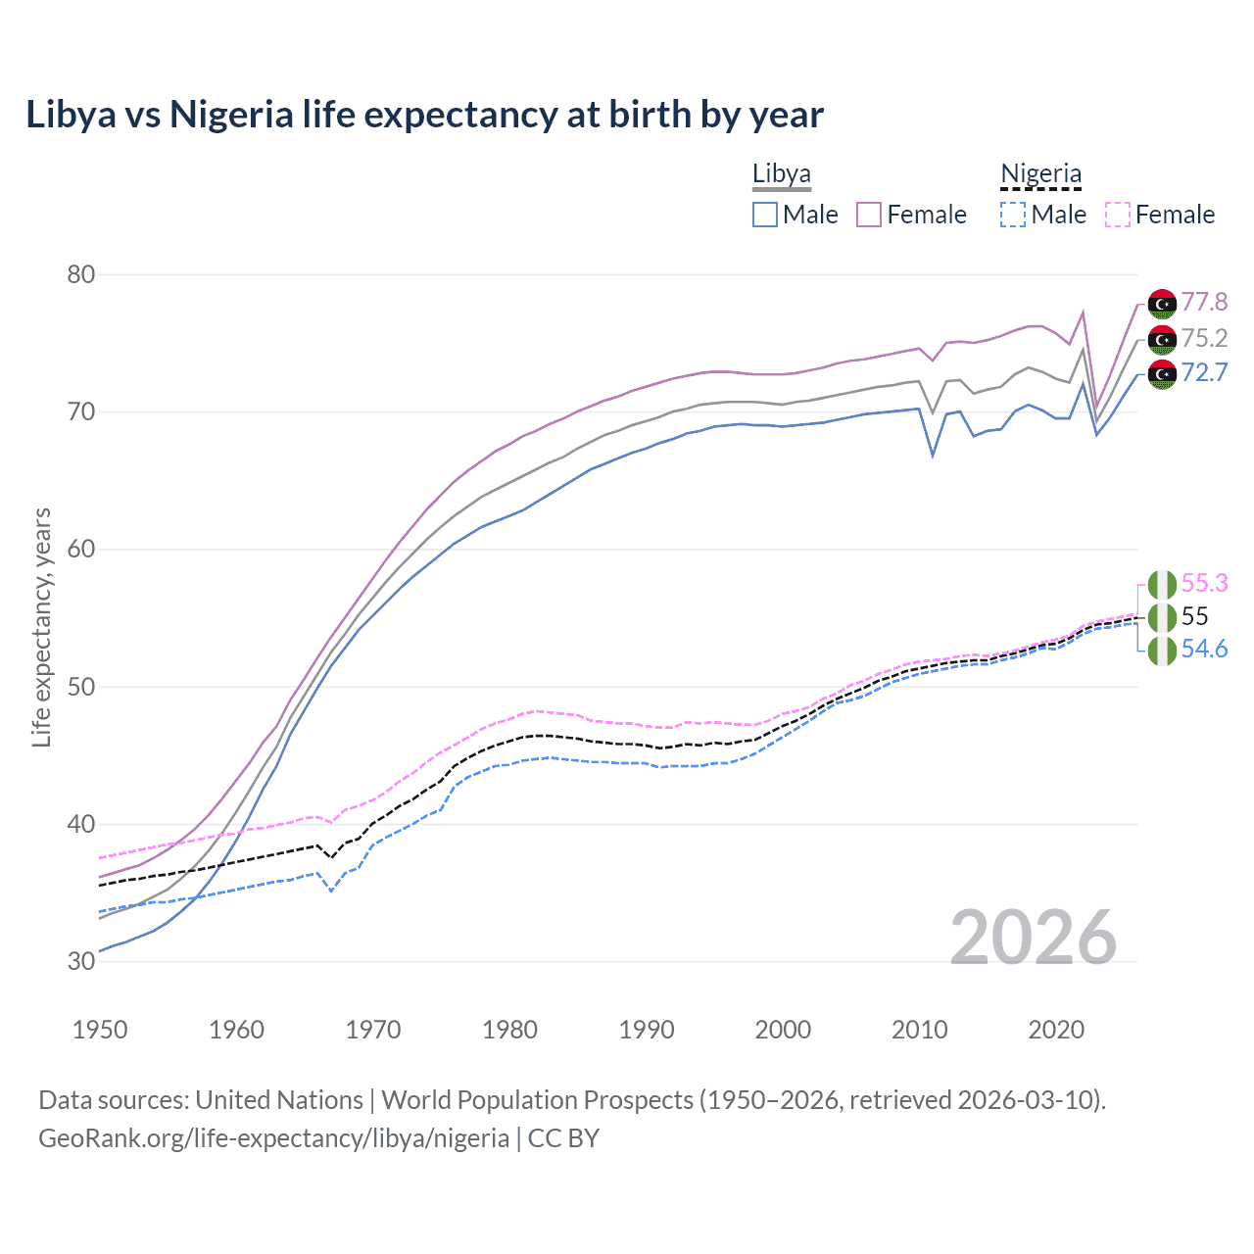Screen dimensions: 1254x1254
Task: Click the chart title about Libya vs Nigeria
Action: coord(424,115)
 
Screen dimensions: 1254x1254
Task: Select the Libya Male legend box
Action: coord(765,215)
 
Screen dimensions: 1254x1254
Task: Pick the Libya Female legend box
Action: coord(869,215)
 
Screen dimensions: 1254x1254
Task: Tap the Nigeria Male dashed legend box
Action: coord(1013,215)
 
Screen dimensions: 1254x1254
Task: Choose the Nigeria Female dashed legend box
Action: coord(1118,215)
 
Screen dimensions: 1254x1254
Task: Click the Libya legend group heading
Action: coord(781,174)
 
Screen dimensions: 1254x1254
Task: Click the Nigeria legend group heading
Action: coord(1040,174)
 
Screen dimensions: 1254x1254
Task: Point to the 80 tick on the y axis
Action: coord(81,274)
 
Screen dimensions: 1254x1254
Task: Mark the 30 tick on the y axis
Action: coord(81,961)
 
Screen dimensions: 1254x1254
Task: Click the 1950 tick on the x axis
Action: coord(100,1030)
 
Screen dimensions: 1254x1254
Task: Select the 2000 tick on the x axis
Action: coord(783,1030)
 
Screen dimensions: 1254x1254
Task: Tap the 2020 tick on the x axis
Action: coord(1056,1030)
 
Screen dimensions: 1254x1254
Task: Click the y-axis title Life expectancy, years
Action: coord(42,627)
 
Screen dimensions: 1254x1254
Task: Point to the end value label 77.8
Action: coord(1204,302)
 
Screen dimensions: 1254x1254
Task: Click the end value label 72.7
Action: coord(1204,372)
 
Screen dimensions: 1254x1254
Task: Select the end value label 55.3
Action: coord(1204,583)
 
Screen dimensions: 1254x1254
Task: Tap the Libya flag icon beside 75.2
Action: coord(1162,339)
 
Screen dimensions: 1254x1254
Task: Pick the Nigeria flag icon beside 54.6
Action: coord(1162,650)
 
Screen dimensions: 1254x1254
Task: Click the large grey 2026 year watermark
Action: coord(1033,938)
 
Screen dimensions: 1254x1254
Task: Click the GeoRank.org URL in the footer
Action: coord(273,1138)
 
